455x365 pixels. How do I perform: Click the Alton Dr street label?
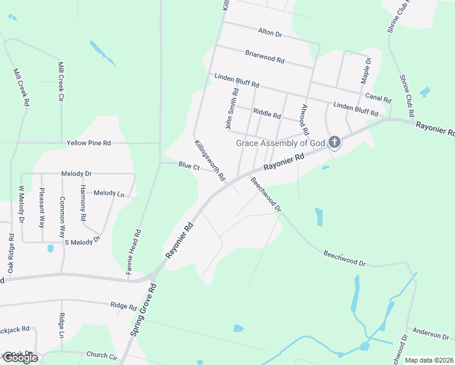[269, 33]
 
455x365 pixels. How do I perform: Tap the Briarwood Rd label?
[265, 58]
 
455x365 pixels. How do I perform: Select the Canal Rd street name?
[378, 97]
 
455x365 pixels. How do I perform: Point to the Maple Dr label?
[366, 71]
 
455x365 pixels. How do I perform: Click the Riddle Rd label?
[266, 114]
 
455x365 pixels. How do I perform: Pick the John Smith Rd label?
[230, 108]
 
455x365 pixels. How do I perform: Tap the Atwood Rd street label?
[304, 119]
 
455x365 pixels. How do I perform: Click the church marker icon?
[334, 143]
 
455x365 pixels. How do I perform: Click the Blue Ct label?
[189, 165]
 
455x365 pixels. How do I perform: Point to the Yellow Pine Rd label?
[89, 143]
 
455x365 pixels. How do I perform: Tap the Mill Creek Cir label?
[61, 80]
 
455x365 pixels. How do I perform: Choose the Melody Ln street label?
[109, 193]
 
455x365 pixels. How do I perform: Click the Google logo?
[20, 358]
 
